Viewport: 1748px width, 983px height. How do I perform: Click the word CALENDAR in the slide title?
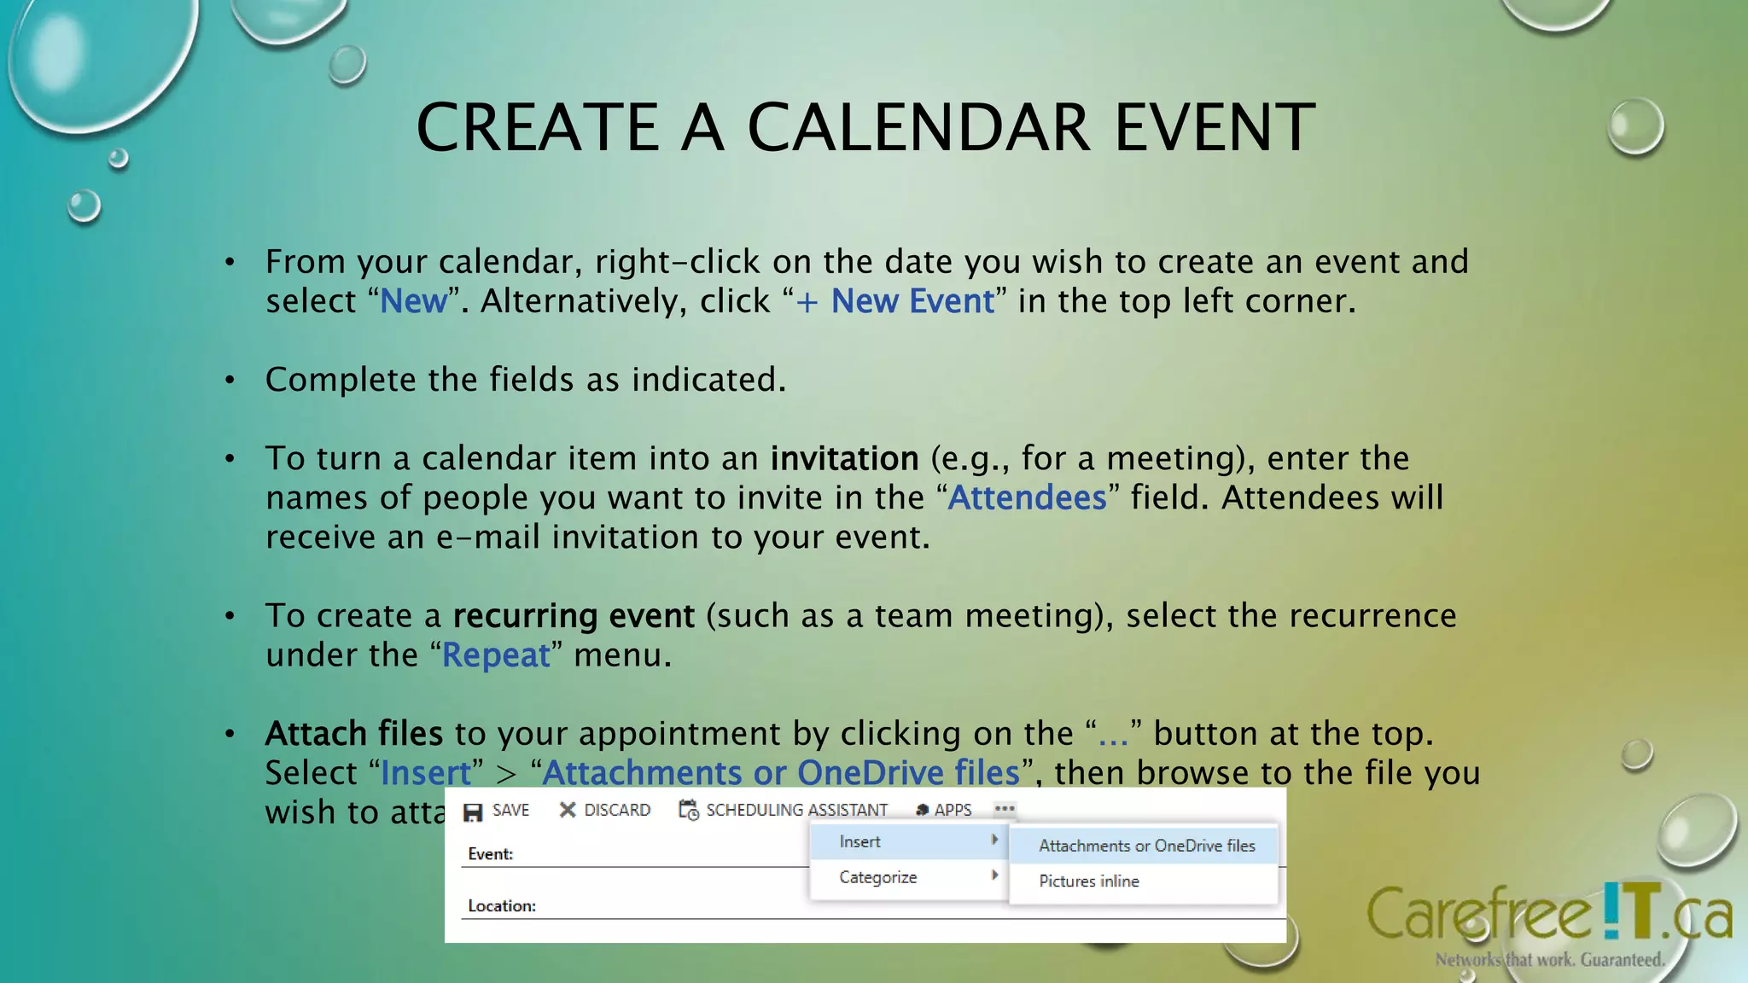(918, 128)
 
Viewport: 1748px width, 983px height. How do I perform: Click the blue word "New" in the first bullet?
(413, 301)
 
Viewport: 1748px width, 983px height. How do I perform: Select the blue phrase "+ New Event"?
(894, 301)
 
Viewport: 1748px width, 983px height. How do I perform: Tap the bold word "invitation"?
(843, 459)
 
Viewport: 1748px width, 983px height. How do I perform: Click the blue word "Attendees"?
(1027, 498)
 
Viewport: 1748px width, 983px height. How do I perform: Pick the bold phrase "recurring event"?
(573, 616)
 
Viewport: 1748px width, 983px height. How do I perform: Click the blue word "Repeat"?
(496, 655)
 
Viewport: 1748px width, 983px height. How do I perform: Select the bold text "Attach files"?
(353, 734)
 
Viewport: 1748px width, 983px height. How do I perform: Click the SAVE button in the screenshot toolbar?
(497, 811)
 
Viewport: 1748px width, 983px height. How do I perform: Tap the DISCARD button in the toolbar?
(604, 811)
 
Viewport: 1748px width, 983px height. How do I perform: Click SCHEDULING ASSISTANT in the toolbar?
(783, 811)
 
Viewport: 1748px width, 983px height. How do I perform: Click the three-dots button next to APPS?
(1005, 809)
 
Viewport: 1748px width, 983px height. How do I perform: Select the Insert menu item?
(860, 842)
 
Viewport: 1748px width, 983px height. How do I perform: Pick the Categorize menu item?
(877, 878)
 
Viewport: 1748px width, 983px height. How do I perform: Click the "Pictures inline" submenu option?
(1088, 881)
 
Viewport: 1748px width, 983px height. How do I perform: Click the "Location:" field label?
(501, 906)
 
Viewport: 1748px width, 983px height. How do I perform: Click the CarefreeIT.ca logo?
(1548, 917)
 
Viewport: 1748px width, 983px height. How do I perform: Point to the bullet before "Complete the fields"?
(230, 381)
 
